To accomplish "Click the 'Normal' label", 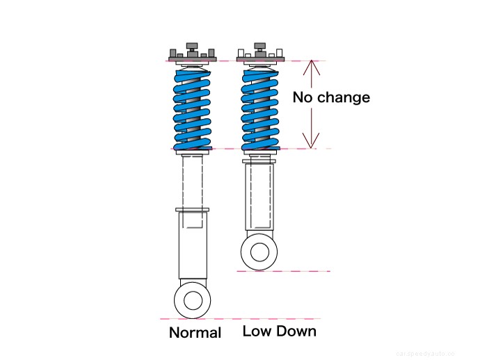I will click(195, 333).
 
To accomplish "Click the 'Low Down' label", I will click(279, 332).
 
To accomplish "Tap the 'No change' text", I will click(330, 97).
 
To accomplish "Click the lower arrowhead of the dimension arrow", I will click(313, 144).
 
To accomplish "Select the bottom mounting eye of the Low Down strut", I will click(259, 251).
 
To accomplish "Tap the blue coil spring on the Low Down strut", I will click(260, 108).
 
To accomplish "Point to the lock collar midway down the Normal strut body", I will click(193, 209).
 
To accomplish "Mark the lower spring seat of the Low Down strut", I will click(260, 149).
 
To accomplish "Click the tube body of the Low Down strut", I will click(259, 198).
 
